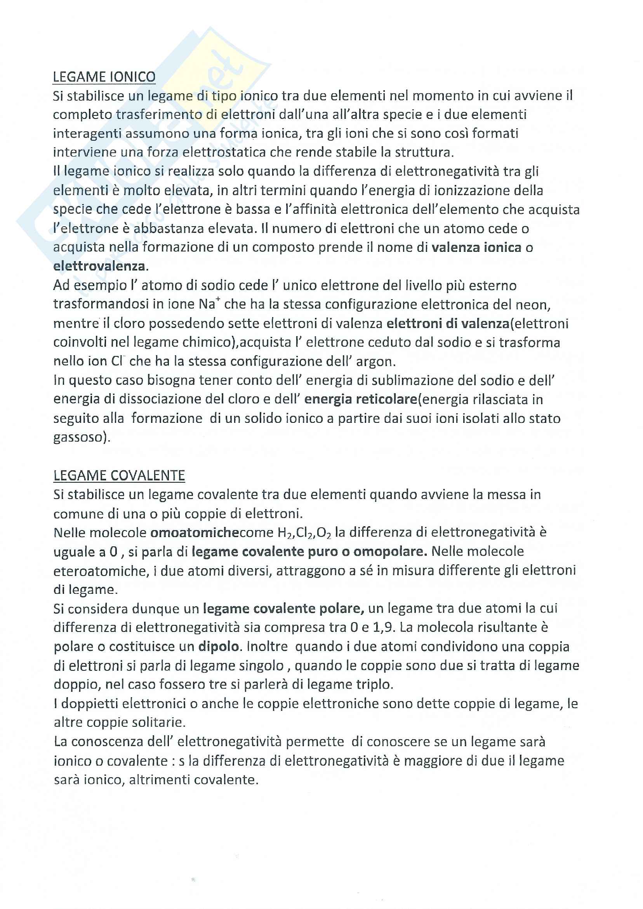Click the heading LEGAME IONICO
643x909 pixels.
pos(104,77)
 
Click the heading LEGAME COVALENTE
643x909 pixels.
pos(119,476)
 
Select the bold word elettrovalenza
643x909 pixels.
pos(99,266)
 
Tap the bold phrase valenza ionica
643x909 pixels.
pos(476,247)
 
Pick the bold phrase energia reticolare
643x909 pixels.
pos(361,400)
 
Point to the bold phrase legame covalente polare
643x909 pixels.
pos(282,609)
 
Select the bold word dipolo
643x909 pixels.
pos(219,647)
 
